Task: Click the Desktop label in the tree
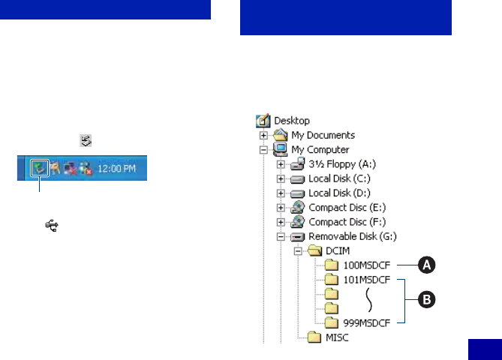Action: pos(292,121)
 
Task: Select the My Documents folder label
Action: pos(323,135)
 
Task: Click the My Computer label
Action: pos(320,149)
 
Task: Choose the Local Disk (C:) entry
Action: pos(340,178)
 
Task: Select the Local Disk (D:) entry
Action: pos(340,193)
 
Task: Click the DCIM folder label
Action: pos(340,250)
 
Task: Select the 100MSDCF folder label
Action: pos(367,265)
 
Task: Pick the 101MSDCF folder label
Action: pos(367,280)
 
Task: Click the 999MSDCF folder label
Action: pos(367,322)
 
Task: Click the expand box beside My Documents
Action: pos(263,136)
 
